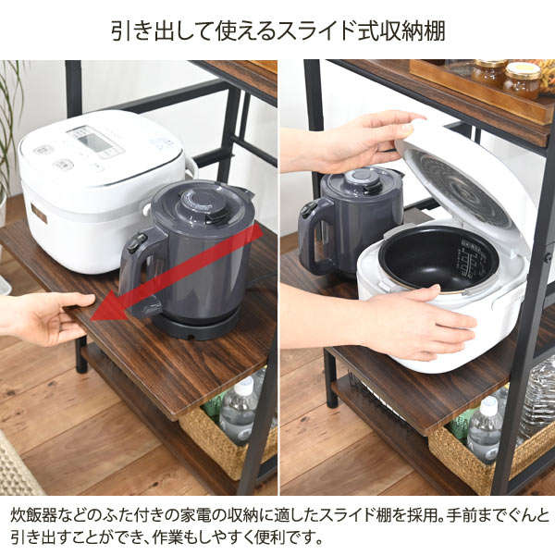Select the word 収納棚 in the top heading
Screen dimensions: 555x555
(414, 31)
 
